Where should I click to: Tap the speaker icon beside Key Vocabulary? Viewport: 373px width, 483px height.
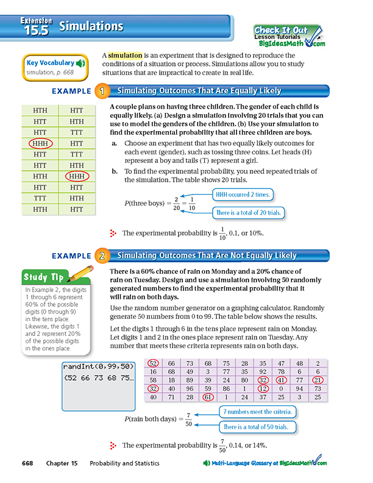(81, 62)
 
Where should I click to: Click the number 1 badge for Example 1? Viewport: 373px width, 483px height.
(102, 91)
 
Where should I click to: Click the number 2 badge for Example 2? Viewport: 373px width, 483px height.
(102, 256)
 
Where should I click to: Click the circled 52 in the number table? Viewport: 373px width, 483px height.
(154, 363)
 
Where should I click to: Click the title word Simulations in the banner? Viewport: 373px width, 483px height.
(91, 26)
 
